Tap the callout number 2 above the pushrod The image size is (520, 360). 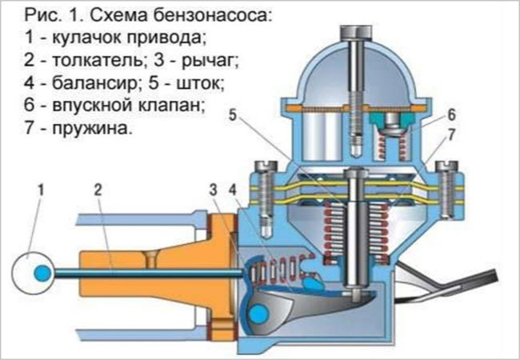click(97, 190)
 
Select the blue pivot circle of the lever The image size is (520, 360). click(259, 314)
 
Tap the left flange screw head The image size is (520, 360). click(264, 166)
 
